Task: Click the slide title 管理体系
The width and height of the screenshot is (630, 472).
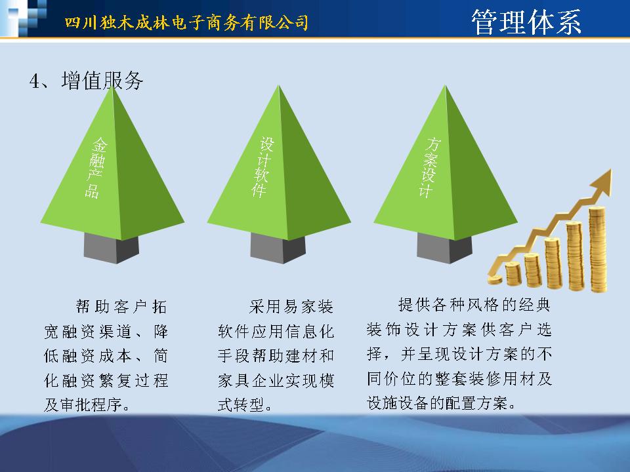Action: click(x=526, y=22)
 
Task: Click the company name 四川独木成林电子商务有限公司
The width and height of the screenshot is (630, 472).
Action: click(x=186, y=22)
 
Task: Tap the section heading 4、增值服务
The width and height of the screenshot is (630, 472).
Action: click(x=87, y=81)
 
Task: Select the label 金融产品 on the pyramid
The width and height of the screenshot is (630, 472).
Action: click(x=96, y=168)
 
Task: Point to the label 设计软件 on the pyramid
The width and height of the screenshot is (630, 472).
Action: click(x=262, y=167)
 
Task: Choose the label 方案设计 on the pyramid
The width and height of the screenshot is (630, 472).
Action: click(x=429, y=167)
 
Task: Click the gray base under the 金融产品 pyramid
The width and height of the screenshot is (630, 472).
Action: click(x=112, y=248)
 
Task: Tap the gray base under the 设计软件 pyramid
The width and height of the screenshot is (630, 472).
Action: click(x=278, y=248)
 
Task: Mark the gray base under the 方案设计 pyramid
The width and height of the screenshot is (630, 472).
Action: click(x=444, y=248)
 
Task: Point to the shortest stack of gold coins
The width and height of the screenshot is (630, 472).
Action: click(x=513, y=274)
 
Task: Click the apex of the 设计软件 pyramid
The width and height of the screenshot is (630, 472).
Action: click(x=278, y=85)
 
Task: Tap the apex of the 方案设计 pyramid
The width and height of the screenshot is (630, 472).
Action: click(x=445, y=85)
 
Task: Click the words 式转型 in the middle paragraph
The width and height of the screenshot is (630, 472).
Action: click(x=240, y=404)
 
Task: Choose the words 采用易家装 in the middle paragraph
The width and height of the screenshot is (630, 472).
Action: click(x=291, y=307)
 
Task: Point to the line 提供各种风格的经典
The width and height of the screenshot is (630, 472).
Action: click(x=474, y=305)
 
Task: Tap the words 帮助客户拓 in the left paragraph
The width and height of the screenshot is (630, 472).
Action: click(x=121, y=307)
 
